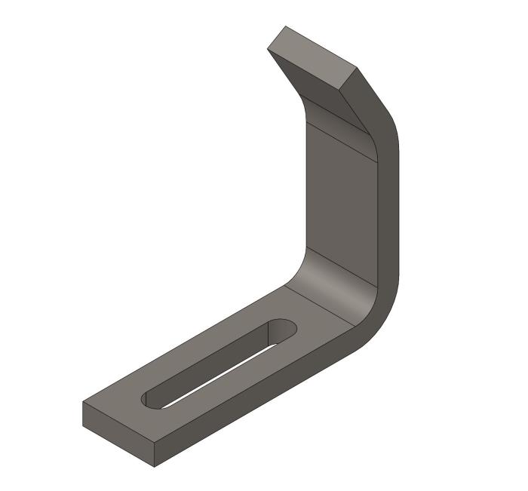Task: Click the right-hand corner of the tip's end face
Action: tap(356, 69)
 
